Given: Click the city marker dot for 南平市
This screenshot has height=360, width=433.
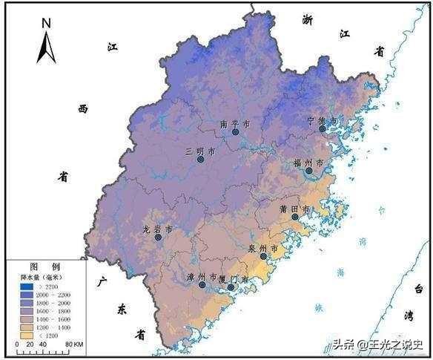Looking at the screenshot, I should pos(236,132).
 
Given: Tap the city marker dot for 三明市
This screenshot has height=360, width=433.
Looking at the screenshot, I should pos(200,159).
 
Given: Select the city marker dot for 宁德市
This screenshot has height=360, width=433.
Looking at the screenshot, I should pos(323,129).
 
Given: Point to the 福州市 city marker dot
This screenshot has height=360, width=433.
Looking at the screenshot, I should pos(309,171).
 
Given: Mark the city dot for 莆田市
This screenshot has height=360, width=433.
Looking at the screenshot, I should pos(295,217).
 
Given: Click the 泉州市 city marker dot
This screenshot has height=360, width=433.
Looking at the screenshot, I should pos(263,256).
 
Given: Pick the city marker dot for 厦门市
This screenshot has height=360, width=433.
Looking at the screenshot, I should pos(231,287).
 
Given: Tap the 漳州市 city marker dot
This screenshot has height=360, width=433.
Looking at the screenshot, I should pos(202,284).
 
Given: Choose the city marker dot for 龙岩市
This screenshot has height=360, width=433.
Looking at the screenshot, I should pos(158,238).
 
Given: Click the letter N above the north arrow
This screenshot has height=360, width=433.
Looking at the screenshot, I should pos(46,23).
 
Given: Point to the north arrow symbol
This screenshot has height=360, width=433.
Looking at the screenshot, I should pos(46,48).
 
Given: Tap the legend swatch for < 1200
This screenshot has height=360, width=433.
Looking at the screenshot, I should pos(26,336).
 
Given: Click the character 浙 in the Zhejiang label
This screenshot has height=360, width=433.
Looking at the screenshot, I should pos(308,20).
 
